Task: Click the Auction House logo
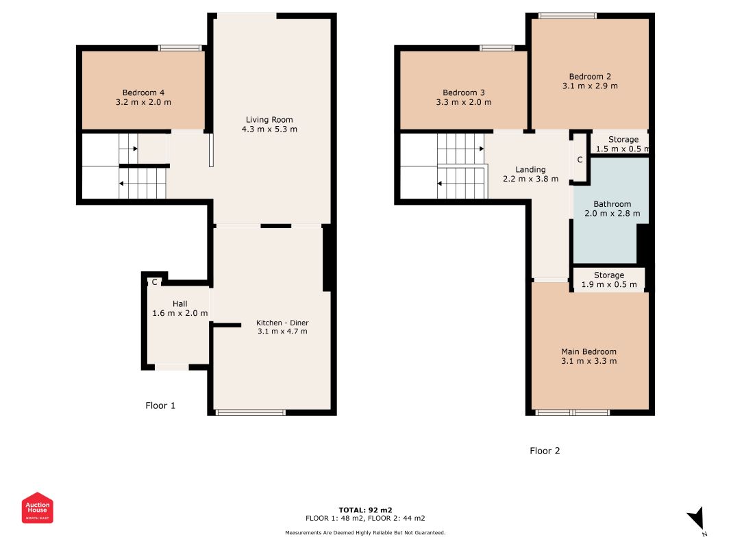pyautogui.click(x=37, y=508)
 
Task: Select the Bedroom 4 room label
pyautogui.click(x=143, y=92)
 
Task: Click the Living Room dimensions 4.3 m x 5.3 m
pyautogui.click(x=269, y=129)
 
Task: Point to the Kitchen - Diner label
pyautogui.click(x=282, y=323)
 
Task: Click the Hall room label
pyautogui.click(x=180, y=304)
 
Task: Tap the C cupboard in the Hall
pyautogui.click(x=154, y=282)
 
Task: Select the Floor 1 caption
pyautogui.click(x=160, y=406)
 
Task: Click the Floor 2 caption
pyautogui.click(x=545, y=451)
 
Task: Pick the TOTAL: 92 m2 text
pyautogui.click(x=366, y=510)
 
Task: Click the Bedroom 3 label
pyautogui.click(x=464, y=92)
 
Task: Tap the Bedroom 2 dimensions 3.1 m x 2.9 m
pyautogui.click(x=590, y=86)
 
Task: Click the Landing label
pyautogui.click(x=530, y=170)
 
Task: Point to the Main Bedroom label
pyautogui.click(x=588, y=352)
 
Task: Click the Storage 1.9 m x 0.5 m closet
pyautogui.click(x=609, y=279)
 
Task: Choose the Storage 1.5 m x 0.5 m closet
pyautogui.click(x=620, y=144)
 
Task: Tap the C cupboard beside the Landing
pyautogui.click(x=580, y=159)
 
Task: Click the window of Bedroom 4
pyautogui.click(x=180, y=47)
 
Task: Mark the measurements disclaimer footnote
pyautogui.click(x=366, y=533)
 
